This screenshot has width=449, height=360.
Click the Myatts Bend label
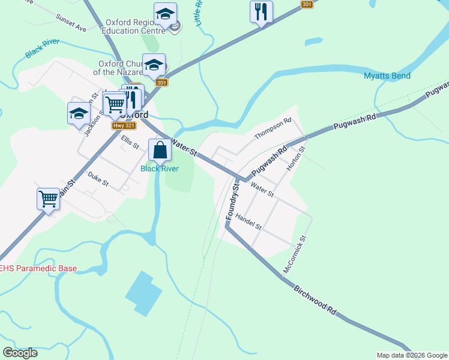(387, 76)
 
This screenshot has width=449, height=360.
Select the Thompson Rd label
(273, 128)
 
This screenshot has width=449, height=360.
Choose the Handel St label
(249, 221)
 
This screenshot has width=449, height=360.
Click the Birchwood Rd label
(315, 300)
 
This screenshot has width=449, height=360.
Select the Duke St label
(98, 178)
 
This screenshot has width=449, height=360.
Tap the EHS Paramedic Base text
(38, 268)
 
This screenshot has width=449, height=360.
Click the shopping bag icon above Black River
(160, 150)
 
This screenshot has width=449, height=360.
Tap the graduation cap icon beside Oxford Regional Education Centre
(165, 14)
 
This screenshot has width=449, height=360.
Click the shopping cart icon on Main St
(48, 199)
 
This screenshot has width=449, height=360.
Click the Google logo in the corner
(20, 353)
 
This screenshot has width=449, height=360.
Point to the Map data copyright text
(412, 355)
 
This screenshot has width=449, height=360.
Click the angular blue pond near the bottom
(143, 293)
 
